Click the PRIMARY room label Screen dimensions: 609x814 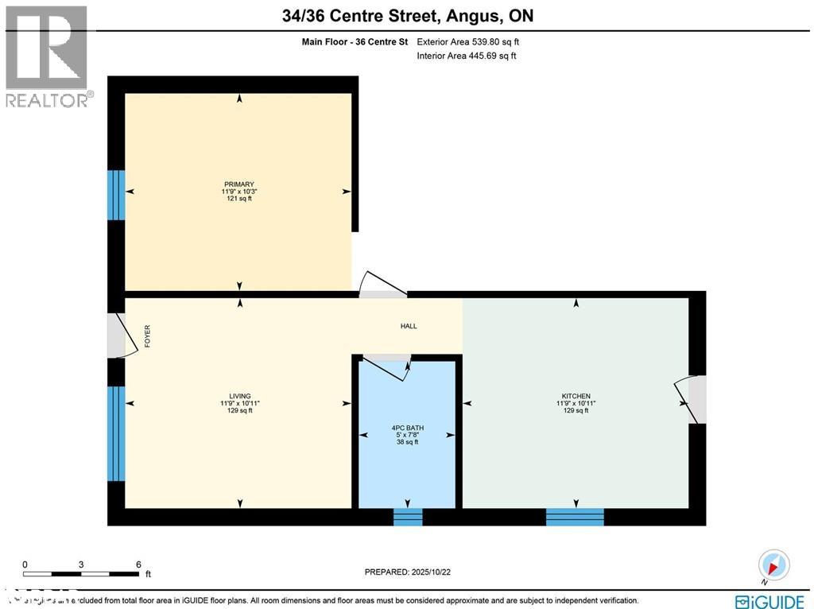pyautogui.click(x=238, y=184)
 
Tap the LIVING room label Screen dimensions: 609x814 pyautogui.click(x=239, y=396)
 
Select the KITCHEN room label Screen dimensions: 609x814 pyautogui.click(x=576, y=396)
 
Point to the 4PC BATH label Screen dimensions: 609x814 pyautogui.click(x=407, y=428)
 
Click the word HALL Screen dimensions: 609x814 pyautogui.click(x=409, y=326)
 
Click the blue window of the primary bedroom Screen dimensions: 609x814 pyautogui.click(x=117, y=195)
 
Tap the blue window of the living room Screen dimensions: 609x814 pyautogui.click(x=117, y=433)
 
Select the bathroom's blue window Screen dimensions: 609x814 pyautogui.click(x=408, y=518)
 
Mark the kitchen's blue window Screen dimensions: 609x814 pyautogui.click(x=575, y=518)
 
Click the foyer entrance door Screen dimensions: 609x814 pyautogui.click(x=117, y=336)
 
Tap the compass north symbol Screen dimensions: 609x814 pyautogui.click(x=773, y=565)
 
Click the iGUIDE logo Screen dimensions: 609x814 pyautogui.click(x=772, y=600)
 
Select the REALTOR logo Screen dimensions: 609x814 pyautogui.click(x=48, y=56)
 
